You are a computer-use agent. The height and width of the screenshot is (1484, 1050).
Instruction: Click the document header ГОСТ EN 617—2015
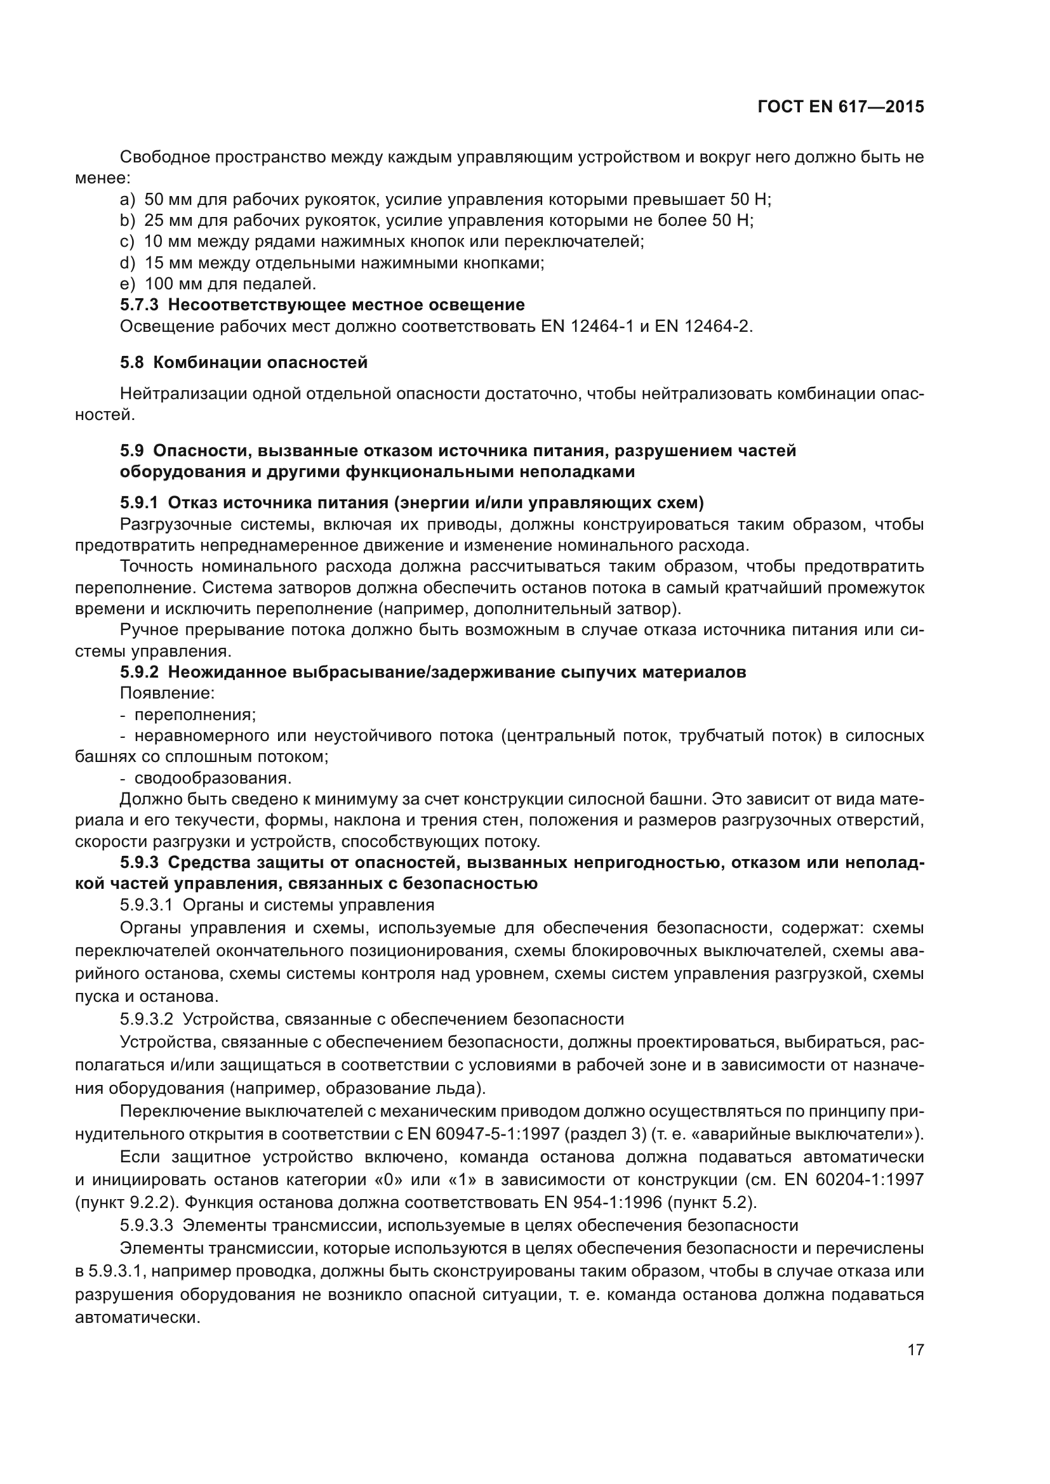[840, 107]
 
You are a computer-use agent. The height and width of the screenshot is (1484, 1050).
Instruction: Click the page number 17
[915, 1349]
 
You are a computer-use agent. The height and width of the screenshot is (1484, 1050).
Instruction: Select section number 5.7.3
[138, 305]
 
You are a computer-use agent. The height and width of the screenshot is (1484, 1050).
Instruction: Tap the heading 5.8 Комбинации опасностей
[244, 363]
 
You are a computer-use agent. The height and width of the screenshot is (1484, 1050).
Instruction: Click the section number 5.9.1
[138, 503]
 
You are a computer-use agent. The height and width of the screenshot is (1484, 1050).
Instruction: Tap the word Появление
[167, 693]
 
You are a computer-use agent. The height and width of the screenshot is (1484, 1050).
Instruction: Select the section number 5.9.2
[138, 672]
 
